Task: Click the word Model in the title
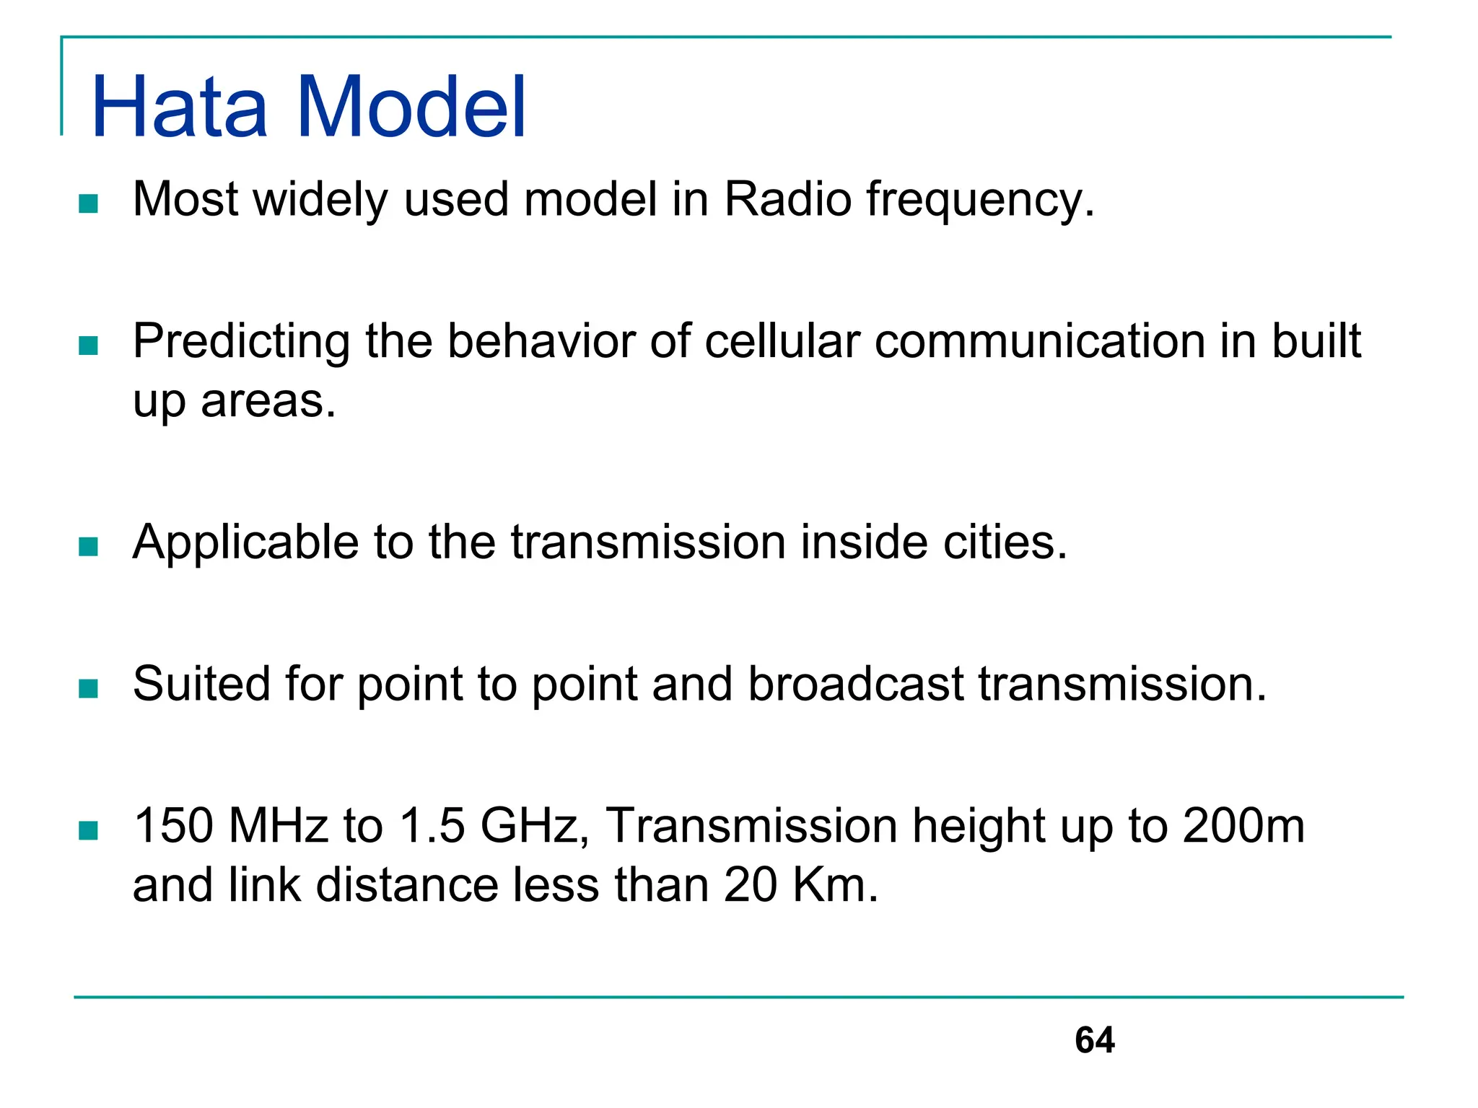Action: pyautogui.click(x=411, y=108)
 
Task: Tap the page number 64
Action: pyautogui.click(x=1094, y=1040)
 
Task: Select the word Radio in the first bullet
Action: pyautogui.click(x=787, y=200)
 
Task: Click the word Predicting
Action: pyautogui.click(x=241, y=342)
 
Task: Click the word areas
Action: pyautogui.click(x=268, y=403)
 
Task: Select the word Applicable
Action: pyautogui.click(x=245, y=543)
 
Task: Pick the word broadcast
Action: pyautogui.click(x=855, y=684)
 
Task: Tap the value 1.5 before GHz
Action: pyautogui.click(x=432, y=826)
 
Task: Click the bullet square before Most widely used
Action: pyautogui.click(x=88, y=203)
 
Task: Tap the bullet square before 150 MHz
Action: pyautogui.click(x=88, y=831)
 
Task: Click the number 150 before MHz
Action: pyautogui.click(x=173, y=826)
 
